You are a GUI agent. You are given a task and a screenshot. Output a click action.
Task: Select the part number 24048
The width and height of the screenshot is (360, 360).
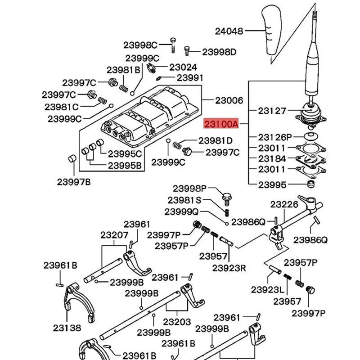[229, 31]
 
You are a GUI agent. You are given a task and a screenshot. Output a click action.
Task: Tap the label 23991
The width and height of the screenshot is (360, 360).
[190, 77]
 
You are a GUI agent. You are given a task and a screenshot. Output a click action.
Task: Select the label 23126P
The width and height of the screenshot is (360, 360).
[275, 137]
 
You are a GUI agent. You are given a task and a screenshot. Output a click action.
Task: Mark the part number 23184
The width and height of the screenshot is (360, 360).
[272, 158]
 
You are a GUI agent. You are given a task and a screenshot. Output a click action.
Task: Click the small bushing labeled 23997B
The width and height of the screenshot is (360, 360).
[71, 161]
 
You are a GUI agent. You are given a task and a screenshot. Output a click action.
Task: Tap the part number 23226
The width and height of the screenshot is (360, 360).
[284, 204]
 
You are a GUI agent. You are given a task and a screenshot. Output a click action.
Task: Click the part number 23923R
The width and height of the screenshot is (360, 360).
[229, 268]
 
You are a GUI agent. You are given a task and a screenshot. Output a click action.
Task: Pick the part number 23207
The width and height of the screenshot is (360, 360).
[114, 235]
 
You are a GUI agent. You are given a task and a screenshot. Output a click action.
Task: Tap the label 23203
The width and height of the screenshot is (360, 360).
[176, 322]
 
